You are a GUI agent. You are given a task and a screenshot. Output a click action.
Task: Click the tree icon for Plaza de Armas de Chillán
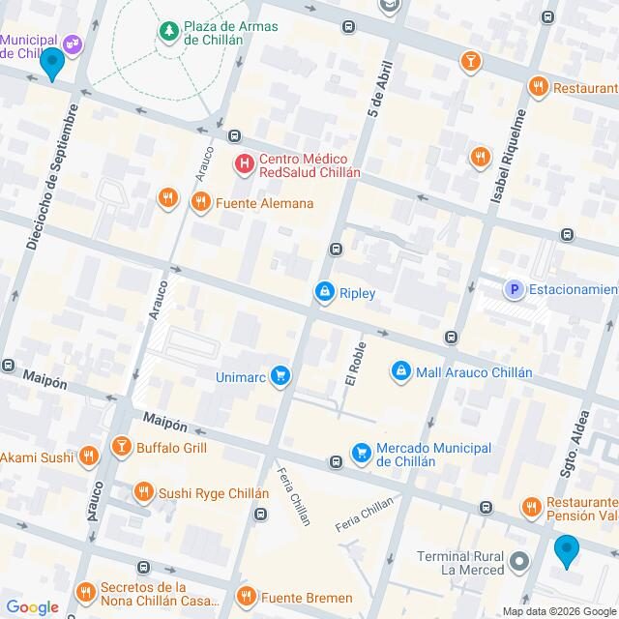pyautogui.click(x=169, y=31)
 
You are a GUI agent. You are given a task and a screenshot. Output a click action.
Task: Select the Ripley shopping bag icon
pyautogui.click(x=324, y=291)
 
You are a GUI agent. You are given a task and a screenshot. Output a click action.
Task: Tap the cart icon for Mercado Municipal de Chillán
pyautogui.click(x=362, y=453)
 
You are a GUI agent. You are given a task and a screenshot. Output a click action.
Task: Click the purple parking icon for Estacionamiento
pyautogui.click(x=515, y=289)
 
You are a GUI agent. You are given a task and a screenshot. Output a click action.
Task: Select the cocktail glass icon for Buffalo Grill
pyautogui.click(x=121, y=448)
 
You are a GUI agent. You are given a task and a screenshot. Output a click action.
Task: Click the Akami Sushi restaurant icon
pyautogui.click(x=89, y=456)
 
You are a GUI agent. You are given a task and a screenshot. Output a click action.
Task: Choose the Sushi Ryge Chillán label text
pyautogui.click(x=214, y=492)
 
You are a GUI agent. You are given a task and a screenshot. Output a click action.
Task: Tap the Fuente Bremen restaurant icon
pyautogui.click(x=247, y=596)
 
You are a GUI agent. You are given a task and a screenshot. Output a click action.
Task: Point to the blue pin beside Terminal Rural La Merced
pyautogui.click(x=567, y=551)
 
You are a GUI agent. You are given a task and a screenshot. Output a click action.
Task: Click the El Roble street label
pyautogui.click(x=353, y=359)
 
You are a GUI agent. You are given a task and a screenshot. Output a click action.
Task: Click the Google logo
pyautogui.click(x=31, y=607)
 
